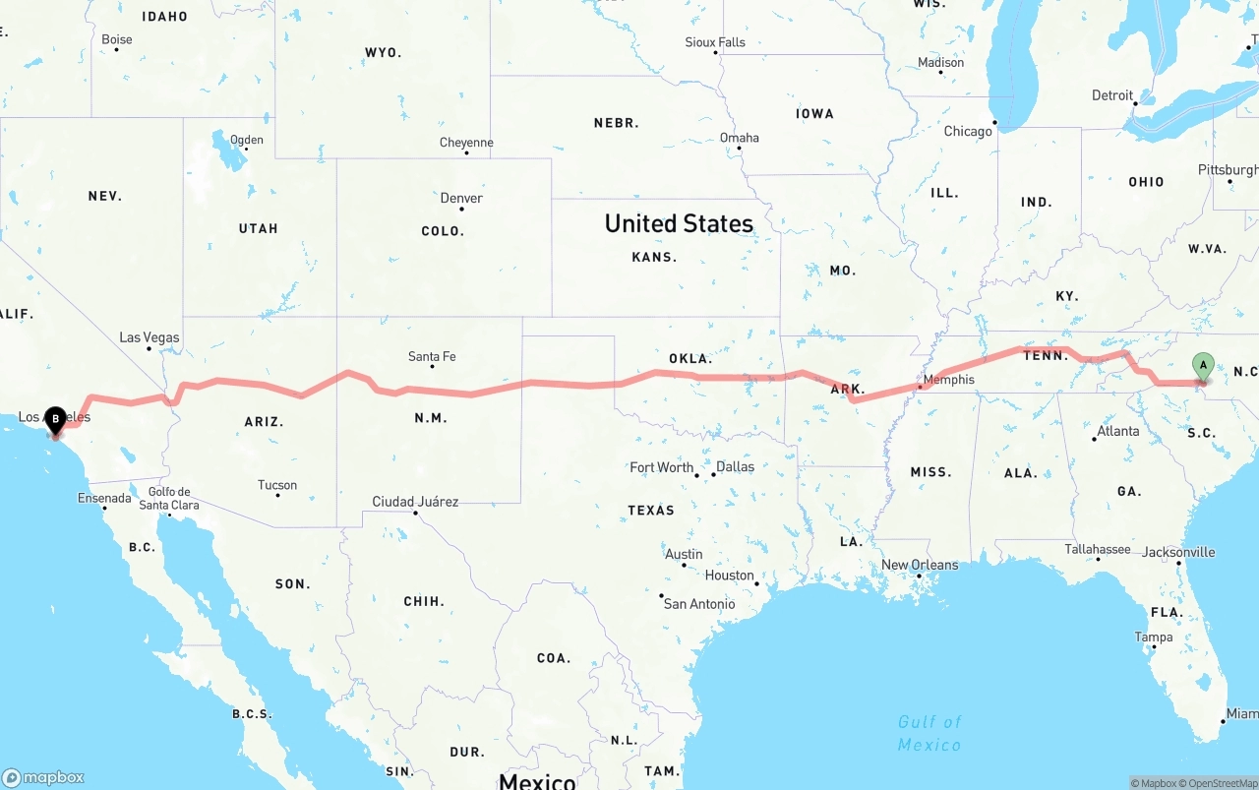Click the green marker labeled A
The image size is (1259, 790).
tap(1202, 366)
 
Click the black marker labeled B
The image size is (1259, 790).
tap(55, 420)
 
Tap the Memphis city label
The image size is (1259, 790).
tap(949, 380)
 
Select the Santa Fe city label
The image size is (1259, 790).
tap(432, 356)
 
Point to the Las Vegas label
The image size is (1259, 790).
tap(150, 337)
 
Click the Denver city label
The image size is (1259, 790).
tap(461, 198)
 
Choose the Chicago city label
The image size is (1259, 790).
tap(968, 131)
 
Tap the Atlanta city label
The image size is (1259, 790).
tap(1118, 431)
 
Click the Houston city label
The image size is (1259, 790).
tap(729, 576)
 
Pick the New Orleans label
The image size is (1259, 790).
tap(919, 565)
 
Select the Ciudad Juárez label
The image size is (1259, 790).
tap(415, 502)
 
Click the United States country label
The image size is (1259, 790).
tap(679, 223)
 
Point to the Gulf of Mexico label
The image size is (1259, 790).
tap(929, 734)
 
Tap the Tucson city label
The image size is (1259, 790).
tap(277, 485)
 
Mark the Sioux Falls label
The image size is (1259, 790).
tap(715, 42)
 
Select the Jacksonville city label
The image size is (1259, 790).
tap(1178, 552)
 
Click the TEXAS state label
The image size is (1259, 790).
tap(651, 510)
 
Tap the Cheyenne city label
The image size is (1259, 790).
tap(466, 143)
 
